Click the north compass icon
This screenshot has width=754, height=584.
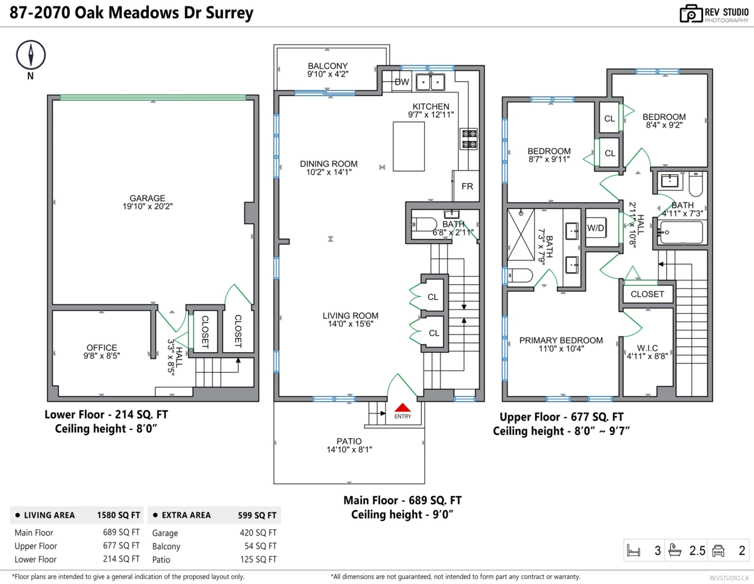pyautogui.click(x=31, y=55)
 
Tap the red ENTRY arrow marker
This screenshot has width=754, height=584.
pyautogui.click(x=403, y=407)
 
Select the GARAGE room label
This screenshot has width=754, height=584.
pyautogui.click(x=148, y=198)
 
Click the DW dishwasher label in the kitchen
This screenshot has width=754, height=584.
pyautogui.click(x=402, y=82)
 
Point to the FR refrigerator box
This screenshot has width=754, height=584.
pyautogui.click(x=466, y=185)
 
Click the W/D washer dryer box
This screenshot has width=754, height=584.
pyautogui.click(x=596, y=228)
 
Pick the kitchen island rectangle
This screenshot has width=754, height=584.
pyautogui.click(x=409, y=146)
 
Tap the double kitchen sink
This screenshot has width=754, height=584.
pyautogui.click(x=430, y=82)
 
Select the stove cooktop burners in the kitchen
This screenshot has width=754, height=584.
pyautogui.click(x=469, y=139)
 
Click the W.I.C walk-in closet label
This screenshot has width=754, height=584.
pyautogui.click(x=647, y=348)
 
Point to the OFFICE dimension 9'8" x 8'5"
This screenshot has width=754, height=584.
pyautogui.click(x=102, y=356)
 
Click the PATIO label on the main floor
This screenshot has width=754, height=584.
pyautogui.click(x=349, y=441)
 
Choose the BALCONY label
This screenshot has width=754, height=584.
pyautogui.click(x=328, y=65)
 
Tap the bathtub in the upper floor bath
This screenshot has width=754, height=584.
pyautogui.click(x=682, y=232)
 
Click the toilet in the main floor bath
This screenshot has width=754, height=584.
pyautogui.click(x=423, y=224)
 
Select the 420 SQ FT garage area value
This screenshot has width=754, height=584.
pyautogui.click(x=258, y=532)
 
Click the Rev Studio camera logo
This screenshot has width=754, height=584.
pyautogui.click(x=691, y=14)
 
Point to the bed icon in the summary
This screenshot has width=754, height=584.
pyautogui.click(x=633, y=550)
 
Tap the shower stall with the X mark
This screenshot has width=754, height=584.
pyautogui.click(x=521, y=234)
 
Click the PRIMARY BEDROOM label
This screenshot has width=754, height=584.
pyautogui.click(x=561, y=341)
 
